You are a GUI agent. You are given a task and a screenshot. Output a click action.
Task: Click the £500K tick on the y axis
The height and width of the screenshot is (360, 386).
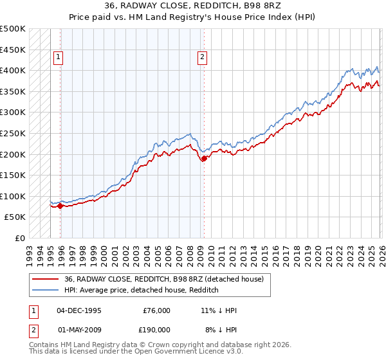[x=13, y=29]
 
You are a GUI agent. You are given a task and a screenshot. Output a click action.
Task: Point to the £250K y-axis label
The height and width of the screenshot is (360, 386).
[x=13, y=133]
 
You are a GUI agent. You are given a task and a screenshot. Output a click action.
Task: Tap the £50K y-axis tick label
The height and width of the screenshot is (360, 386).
[x=15, y=217]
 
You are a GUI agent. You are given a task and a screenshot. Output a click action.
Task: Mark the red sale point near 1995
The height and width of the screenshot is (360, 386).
[x=60, y=206]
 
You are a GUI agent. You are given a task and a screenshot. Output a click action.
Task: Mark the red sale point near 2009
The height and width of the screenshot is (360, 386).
[x=204, y=158]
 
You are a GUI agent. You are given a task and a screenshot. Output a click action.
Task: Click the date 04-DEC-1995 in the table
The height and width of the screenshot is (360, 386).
[x=79, y=310]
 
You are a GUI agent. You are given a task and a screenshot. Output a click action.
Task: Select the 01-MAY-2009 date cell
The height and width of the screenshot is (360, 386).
[x=79, y=329]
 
